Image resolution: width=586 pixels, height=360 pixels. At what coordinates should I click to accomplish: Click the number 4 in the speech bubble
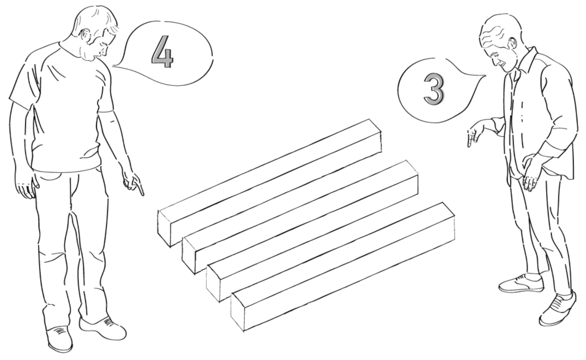163,52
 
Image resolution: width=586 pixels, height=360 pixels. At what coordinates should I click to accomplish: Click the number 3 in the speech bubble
434,88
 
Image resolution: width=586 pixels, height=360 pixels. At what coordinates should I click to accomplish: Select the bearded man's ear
87,36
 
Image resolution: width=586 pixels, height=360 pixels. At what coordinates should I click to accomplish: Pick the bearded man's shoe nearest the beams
102,328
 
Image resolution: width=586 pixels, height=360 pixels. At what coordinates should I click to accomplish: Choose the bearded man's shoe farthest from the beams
60,339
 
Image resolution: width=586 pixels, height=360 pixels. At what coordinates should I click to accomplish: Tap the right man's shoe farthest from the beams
557,310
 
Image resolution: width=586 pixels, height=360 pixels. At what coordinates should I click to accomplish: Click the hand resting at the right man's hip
531,174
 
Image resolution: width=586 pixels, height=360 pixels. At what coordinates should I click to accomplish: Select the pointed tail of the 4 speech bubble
114,66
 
